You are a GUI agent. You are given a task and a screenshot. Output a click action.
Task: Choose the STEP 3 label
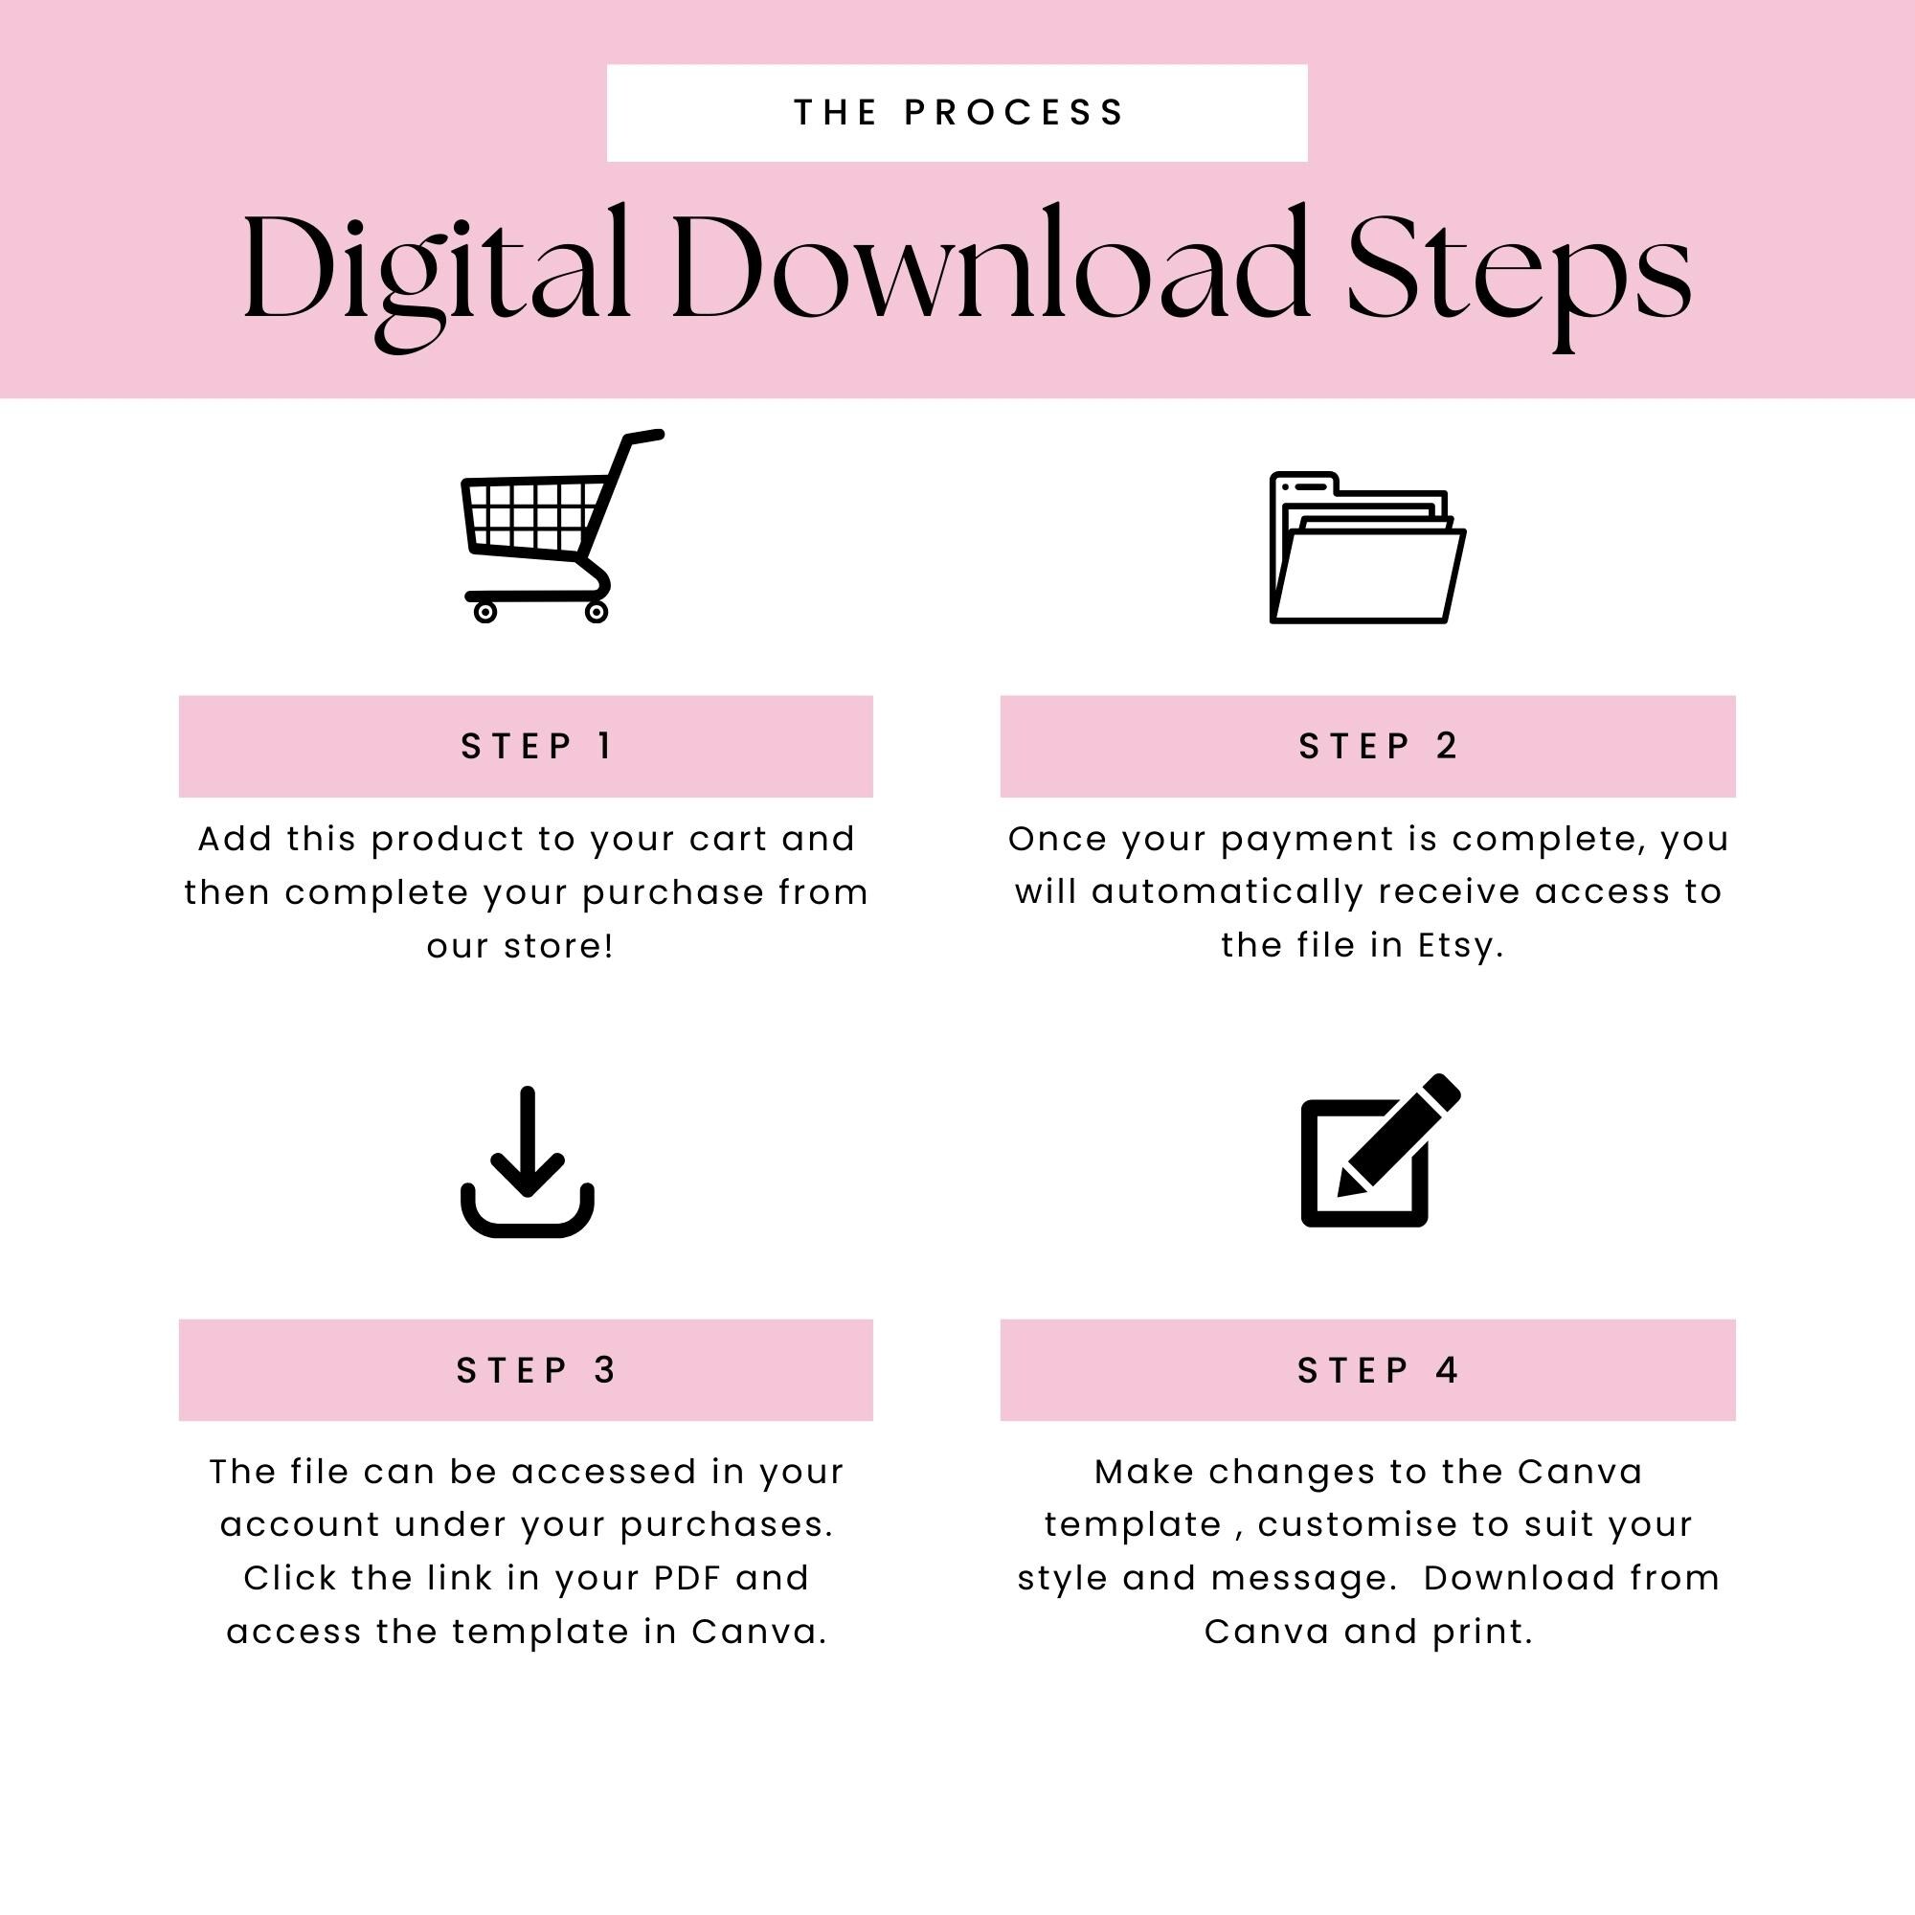tap(536, 1370)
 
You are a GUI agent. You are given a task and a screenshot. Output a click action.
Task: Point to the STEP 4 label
tap(1377, 1370)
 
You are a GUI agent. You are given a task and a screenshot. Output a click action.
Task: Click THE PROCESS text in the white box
tap(957, 113)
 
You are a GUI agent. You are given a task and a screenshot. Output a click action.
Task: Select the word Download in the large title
tap(991, 268)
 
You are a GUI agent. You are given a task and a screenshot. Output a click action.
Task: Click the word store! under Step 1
tap(559, 946)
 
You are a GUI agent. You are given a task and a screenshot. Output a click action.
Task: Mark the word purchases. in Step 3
tap(727, 1524)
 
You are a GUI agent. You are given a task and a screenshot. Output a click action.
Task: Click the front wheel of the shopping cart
tap(597, 613)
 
